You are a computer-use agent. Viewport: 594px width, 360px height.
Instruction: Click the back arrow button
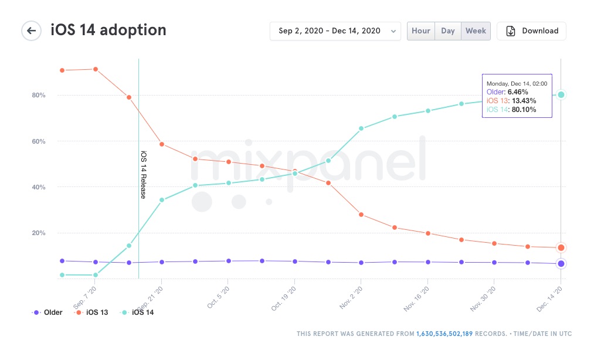point(31,30)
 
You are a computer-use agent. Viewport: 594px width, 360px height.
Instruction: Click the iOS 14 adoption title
point(108,30)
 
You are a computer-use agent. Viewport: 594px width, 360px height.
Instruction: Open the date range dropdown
point(335,31)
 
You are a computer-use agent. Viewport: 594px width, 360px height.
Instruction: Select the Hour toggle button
point(421,31)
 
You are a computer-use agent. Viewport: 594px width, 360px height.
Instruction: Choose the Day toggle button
point(448,31)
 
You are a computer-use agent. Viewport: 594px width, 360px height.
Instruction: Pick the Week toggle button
point(476,31)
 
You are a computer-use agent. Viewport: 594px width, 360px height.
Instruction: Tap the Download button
point(531,31)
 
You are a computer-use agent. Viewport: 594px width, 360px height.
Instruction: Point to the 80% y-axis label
point(39,95)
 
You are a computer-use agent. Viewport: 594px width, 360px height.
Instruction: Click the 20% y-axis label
point(39,233)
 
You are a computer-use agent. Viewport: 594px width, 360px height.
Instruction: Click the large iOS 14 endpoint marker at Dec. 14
point(561,94)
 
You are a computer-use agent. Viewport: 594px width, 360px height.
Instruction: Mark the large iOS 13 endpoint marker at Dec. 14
point(561,247)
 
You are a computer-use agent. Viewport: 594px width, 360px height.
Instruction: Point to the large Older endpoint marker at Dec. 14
point(561,263)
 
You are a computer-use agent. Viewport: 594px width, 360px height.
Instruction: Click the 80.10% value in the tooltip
point(524,109)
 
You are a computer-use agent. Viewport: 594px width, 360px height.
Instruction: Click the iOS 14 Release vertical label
point(143,174)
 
